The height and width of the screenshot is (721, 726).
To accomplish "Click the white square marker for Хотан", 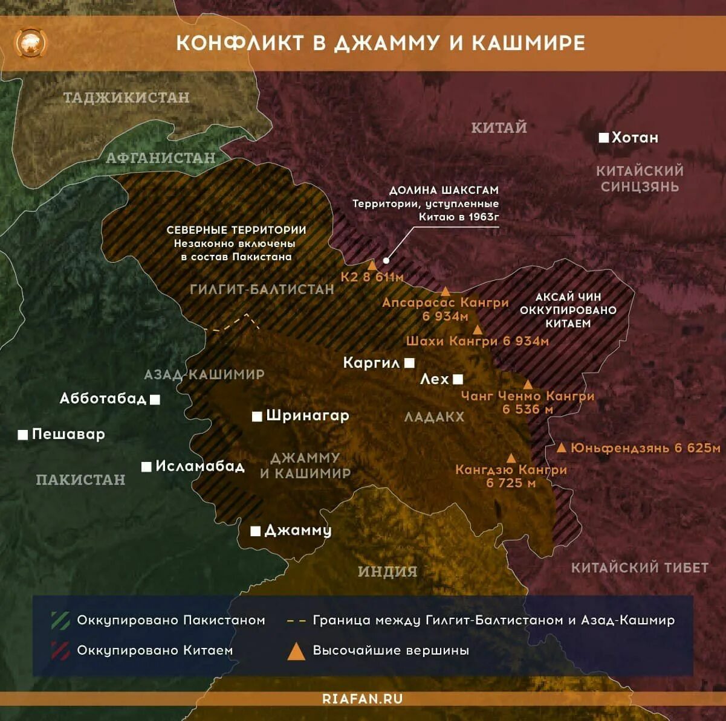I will click(603, 138).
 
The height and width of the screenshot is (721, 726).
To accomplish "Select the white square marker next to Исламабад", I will click(146, 467).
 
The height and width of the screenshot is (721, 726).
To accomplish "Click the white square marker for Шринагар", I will click(257, 416).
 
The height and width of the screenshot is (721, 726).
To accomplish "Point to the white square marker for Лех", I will click(458, 379).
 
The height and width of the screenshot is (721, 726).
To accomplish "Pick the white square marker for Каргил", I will click(410, 363).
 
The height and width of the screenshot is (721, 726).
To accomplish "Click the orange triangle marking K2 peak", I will click(372, 265).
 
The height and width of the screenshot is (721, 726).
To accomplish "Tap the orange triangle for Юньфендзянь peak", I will click(561, 447).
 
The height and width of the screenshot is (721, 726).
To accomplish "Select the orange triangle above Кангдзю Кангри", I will click(511, 458).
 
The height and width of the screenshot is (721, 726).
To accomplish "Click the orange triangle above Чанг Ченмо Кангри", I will click(528, 385).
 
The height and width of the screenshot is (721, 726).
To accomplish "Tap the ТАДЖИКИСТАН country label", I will click(126, 97).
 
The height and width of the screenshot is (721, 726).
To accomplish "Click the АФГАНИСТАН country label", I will click(161, 158).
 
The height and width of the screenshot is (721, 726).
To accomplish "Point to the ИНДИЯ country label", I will click(387, 571).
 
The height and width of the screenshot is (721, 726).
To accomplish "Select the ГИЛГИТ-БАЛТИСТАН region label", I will click(262, 289).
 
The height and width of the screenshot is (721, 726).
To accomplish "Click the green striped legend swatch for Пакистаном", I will click(60, 620).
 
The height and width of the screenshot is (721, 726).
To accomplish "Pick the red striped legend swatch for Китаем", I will click(60, 650).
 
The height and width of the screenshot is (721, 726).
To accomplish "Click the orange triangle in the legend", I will click(296, 652).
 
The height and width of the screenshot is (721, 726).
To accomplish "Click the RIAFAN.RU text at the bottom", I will click(363, 699).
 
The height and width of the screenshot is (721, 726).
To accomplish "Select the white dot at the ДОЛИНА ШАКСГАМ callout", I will click(386, 260).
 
